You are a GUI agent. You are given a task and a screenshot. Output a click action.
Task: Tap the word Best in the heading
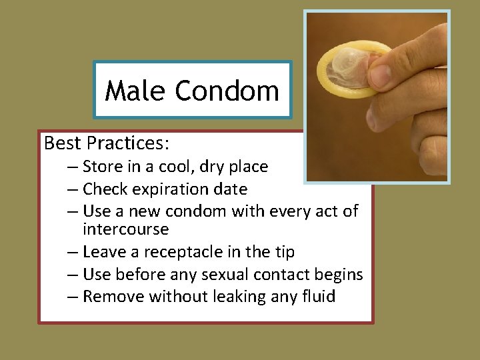tap(61, 143)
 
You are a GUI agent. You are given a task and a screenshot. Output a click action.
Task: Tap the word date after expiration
tap(231, 189)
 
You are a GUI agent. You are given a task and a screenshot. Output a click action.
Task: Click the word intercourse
tap(126, 229)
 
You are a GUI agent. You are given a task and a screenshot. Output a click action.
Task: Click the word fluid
tap(317, 296)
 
